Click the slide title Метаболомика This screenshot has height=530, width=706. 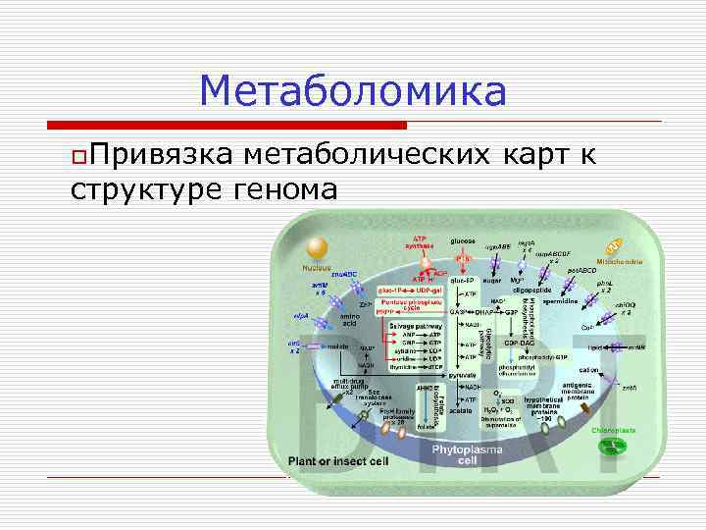coord(353,92)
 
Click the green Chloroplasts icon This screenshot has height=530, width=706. coord(613,447)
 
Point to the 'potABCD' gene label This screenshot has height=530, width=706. coord(581,269)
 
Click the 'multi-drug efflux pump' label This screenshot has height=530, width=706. coord(350,385)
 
